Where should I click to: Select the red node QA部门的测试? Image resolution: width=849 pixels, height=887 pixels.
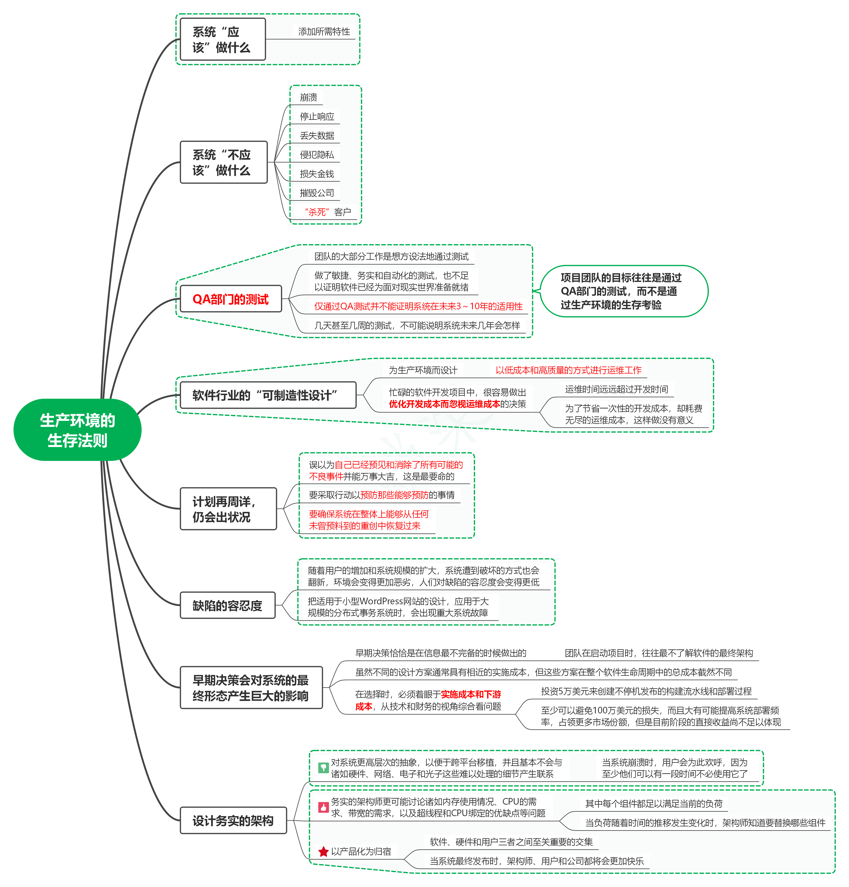231,299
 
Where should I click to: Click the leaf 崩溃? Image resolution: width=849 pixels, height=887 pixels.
309,97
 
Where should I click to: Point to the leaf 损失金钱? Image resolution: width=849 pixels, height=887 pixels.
317,174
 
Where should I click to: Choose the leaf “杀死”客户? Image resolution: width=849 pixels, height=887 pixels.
328,212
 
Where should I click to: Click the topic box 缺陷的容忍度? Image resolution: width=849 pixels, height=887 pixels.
227,605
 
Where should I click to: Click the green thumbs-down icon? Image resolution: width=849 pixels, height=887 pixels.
323,768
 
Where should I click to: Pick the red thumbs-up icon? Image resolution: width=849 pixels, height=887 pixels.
323,807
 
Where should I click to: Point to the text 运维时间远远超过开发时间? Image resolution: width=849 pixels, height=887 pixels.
616,389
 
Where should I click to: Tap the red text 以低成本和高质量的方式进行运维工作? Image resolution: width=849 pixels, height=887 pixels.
568,370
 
